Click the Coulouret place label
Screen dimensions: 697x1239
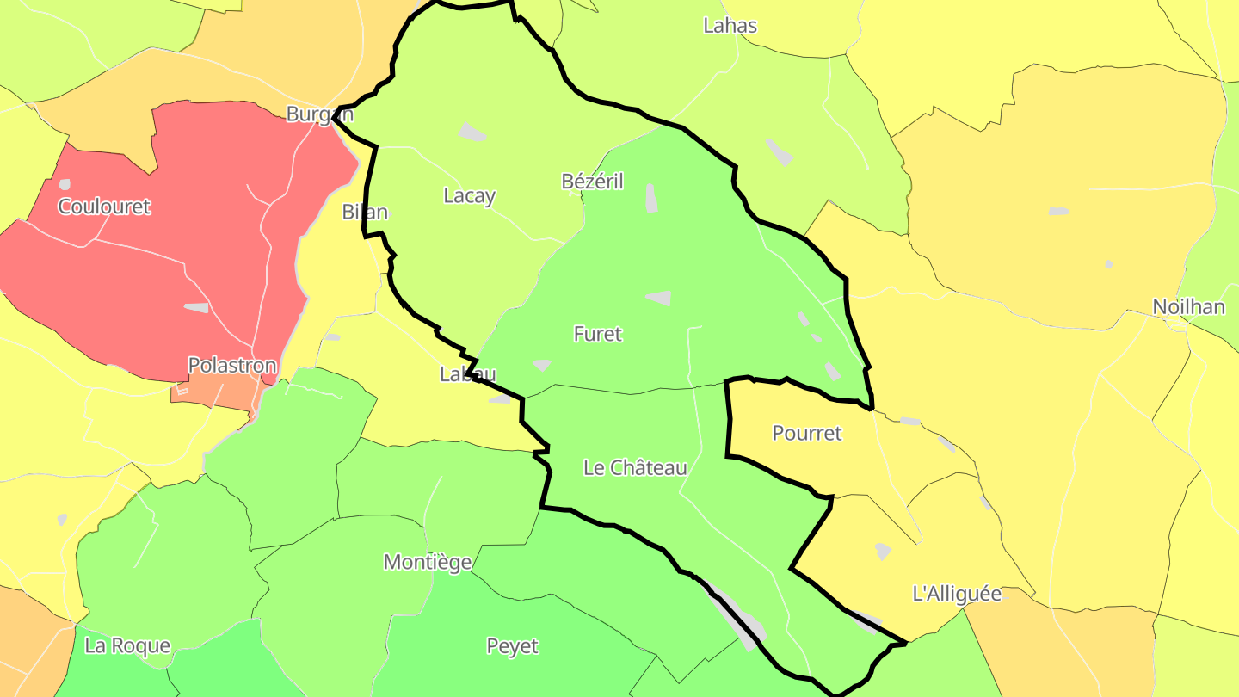click(104, 207)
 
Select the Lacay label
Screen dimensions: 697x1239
click(469, 196)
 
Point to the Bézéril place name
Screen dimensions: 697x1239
click(592, 182)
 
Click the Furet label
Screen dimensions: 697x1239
click(598, 334)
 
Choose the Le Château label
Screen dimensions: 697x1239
click(635, 468)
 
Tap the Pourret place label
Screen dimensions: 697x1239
click(807, 433)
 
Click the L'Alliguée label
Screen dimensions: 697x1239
click(957, 594)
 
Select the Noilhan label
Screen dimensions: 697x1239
click(1189, 307)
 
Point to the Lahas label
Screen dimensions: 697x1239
click(730, 26)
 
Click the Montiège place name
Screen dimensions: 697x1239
click(428, 563)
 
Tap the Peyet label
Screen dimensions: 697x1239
click(513, 646)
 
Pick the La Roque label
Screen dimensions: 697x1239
click(127, 646)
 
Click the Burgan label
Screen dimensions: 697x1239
click(319, 114)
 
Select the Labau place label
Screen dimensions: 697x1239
click(468, 374)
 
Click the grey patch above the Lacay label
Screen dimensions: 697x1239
click(472, 132)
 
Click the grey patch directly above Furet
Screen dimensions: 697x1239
click(659, 298)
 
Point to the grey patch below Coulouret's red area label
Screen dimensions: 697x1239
click(196, 307)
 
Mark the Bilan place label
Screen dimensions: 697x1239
click(365, 212)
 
